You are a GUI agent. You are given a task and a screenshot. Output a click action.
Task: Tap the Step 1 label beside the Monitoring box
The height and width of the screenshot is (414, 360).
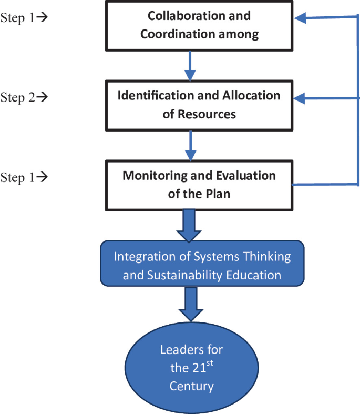pos(24,177)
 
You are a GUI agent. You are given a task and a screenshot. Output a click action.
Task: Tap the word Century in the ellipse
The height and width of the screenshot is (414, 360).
pos(191,387)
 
